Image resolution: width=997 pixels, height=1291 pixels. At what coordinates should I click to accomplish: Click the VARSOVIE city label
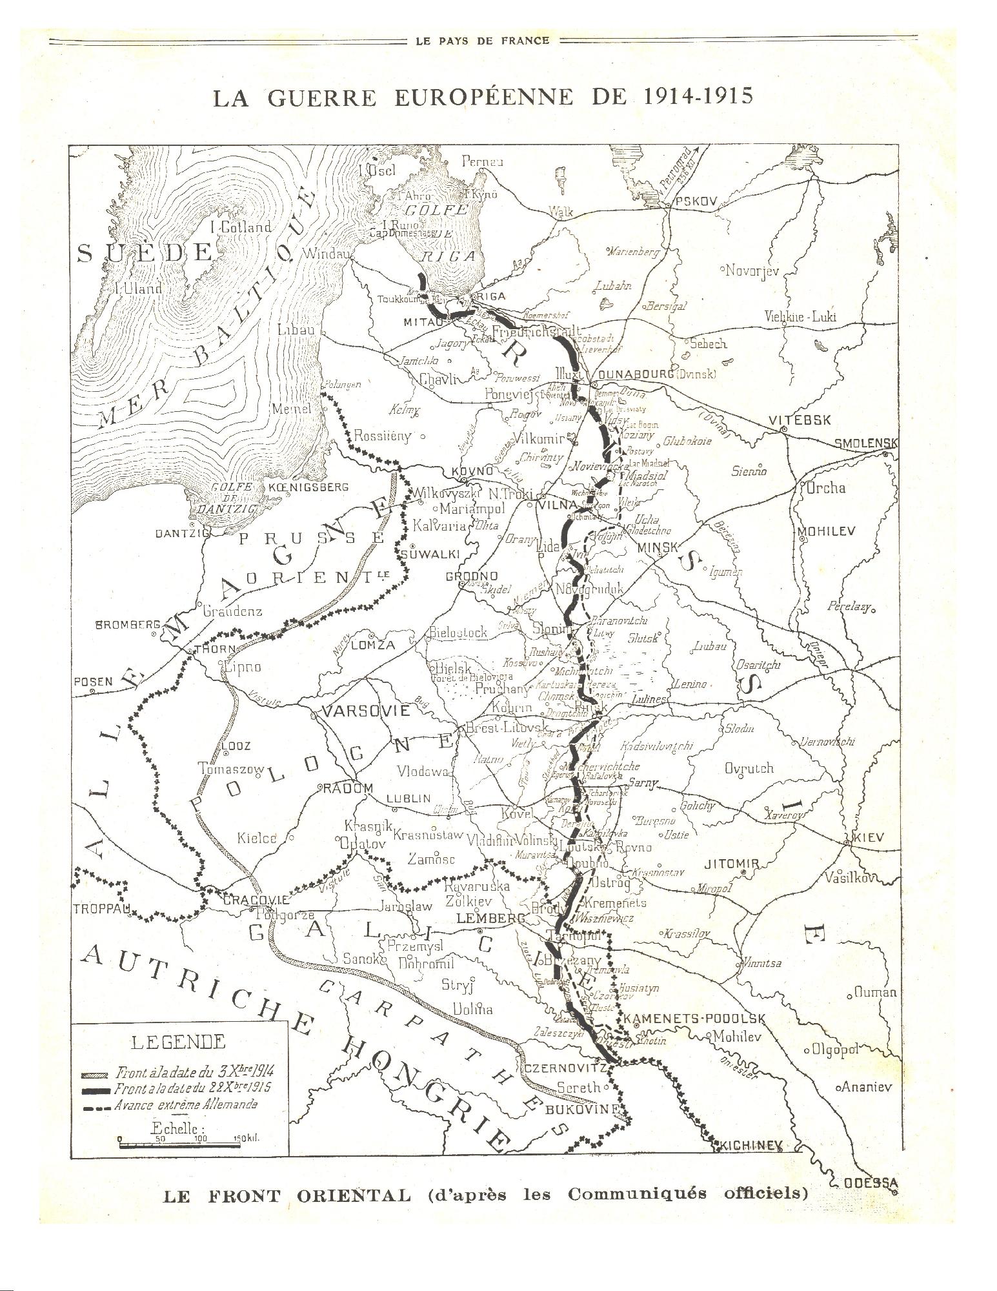click(x=366, y=712)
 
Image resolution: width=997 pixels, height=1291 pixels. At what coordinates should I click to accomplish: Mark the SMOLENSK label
click(x=866, y=443)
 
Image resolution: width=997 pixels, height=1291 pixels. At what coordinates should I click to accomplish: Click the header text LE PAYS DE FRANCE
click(x=482, y=41)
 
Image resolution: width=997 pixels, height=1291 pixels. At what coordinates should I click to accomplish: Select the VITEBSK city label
click(x=800, y=420)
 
